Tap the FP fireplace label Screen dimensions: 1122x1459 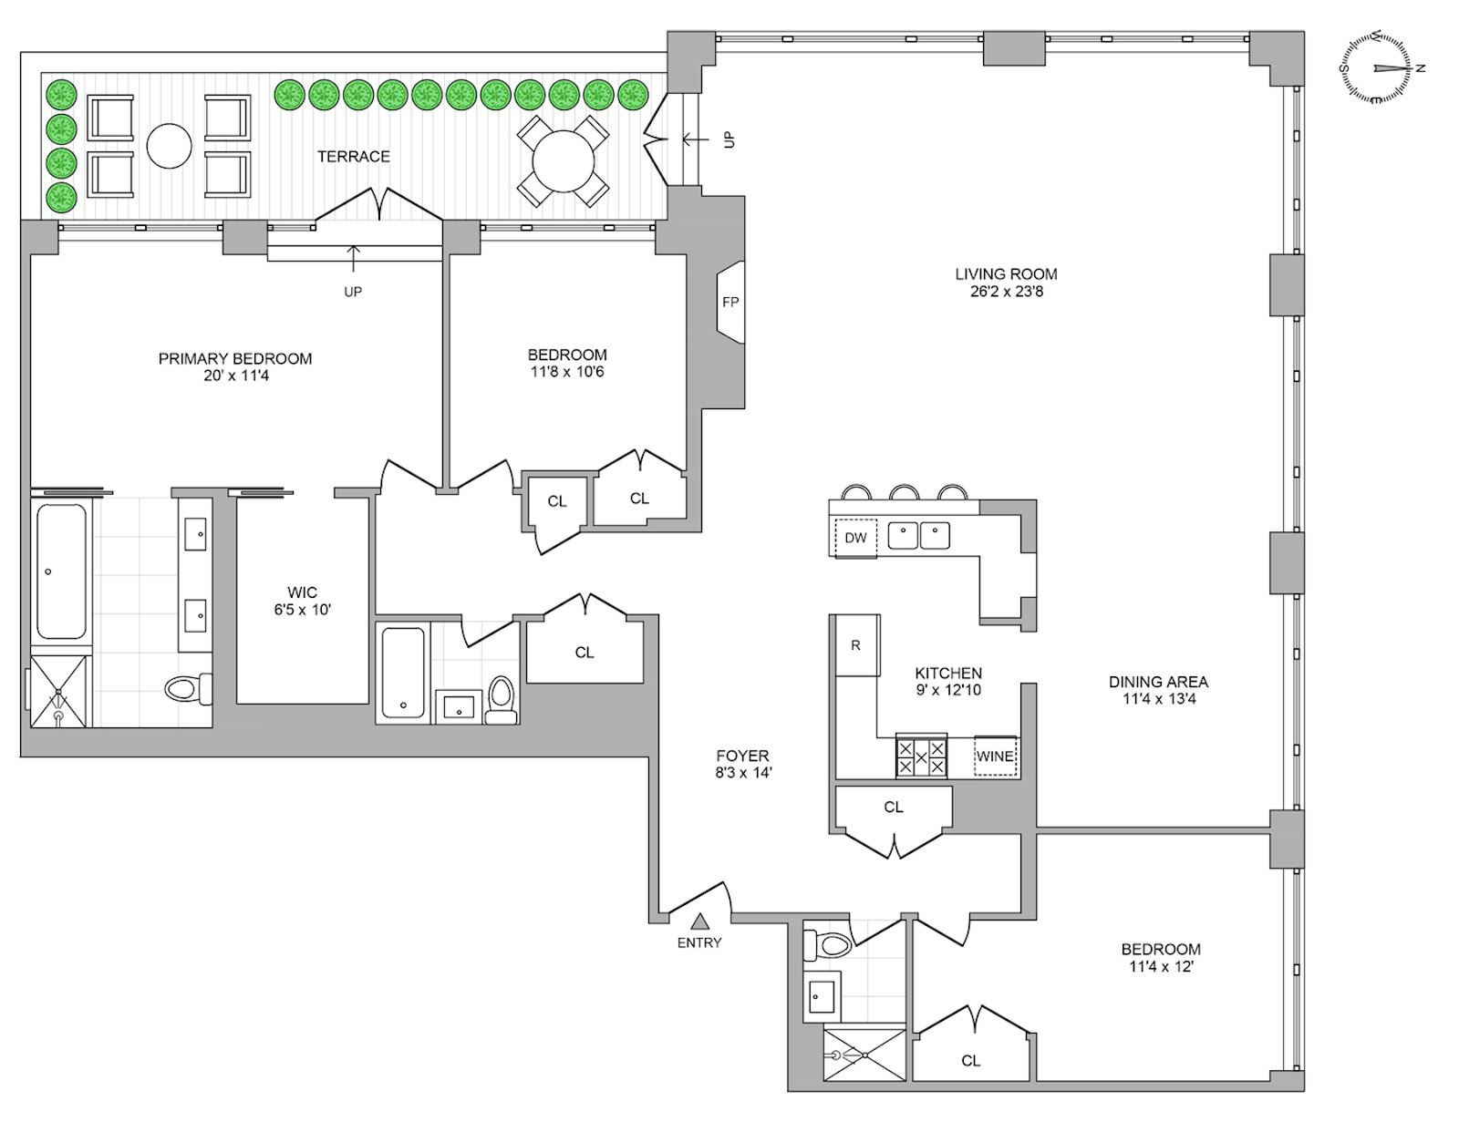coord(730,303)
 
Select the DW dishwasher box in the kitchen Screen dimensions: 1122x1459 coord(855,538)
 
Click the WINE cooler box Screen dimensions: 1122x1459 coord(995,757)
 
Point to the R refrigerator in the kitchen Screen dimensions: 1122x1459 coord(856,645)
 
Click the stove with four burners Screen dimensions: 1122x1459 coord(921,757)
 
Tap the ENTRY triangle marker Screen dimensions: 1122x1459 coord(699,922)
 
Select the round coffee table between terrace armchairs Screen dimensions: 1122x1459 coord(170,146)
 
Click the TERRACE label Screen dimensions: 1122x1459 coord(354,157)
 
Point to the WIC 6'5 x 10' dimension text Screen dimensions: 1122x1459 coord(303,610)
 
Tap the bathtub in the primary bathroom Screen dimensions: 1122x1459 coord(62,571)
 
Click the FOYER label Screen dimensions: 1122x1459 coord(743,756)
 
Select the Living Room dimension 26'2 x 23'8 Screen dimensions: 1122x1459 coord(1006,292)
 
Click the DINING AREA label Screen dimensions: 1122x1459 coord(1158,682)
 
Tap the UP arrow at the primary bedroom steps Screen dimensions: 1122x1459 coord(353,259)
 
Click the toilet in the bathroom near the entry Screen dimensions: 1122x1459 coord(828,946)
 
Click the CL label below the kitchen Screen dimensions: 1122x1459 coord(894,808)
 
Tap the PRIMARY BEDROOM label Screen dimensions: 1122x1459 coord(235,359)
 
